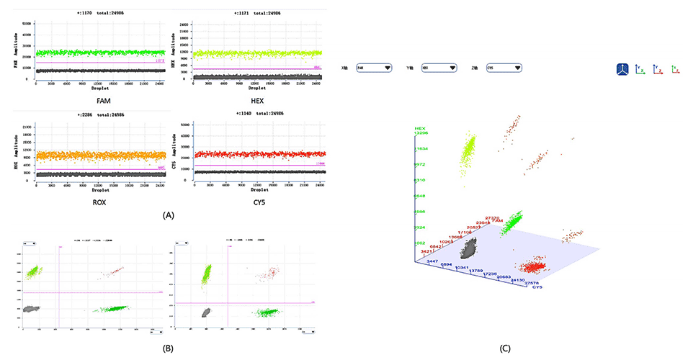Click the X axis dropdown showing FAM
tap(376, 68)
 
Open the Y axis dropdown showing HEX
tap(439, 68)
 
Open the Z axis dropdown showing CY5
tap(503, 68)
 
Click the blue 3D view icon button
tap(623, 69)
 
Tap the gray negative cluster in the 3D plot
tap(472, 250)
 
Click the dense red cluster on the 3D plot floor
tap(535, 266)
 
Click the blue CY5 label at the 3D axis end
tap(537, 287)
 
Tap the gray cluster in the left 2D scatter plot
tap(31, 307)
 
